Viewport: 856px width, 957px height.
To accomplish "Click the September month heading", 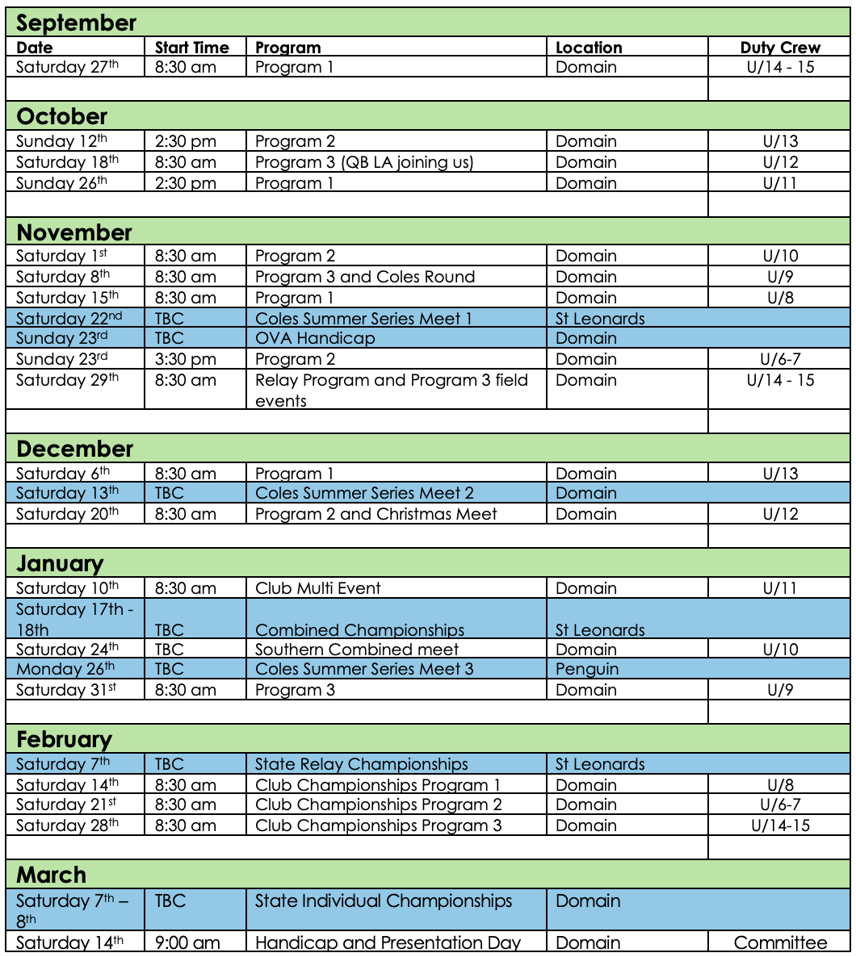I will click(77, 23).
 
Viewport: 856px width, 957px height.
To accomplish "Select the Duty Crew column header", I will click(780, 48).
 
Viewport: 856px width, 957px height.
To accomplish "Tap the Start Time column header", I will click(191, 48).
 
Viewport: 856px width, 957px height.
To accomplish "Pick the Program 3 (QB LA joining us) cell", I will click(364, 162).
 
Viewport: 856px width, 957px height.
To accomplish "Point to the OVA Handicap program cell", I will click(315, 338).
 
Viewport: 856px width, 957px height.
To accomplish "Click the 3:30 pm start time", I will click(186, 359).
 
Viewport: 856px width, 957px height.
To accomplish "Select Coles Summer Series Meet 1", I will click(363, 318).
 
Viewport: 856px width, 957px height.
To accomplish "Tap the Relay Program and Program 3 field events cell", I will click(392, 390).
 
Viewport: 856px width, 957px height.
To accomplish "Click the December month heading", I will click(75, 449).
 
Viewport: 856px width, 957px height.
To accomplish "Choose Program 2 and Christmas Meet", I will click(376, 514).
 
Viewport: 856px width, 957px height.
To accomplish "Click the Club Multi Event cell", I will click(318, 588).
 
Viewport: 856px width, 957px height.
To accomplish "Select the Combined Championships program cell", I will click(360, 629).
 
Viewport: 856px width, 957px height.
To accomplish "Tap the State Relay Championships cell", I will click(362, 764).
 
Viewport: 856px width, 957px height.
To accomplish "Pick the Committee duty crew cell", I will click(780, 942).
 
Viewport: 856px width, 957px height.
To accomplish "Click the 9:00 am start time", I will click(187, 942).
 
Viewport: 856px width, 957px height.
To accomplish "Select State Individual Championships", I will click(384, 901).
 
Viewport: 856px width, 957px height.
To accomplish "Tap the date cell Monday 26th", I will click(65, 669).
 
